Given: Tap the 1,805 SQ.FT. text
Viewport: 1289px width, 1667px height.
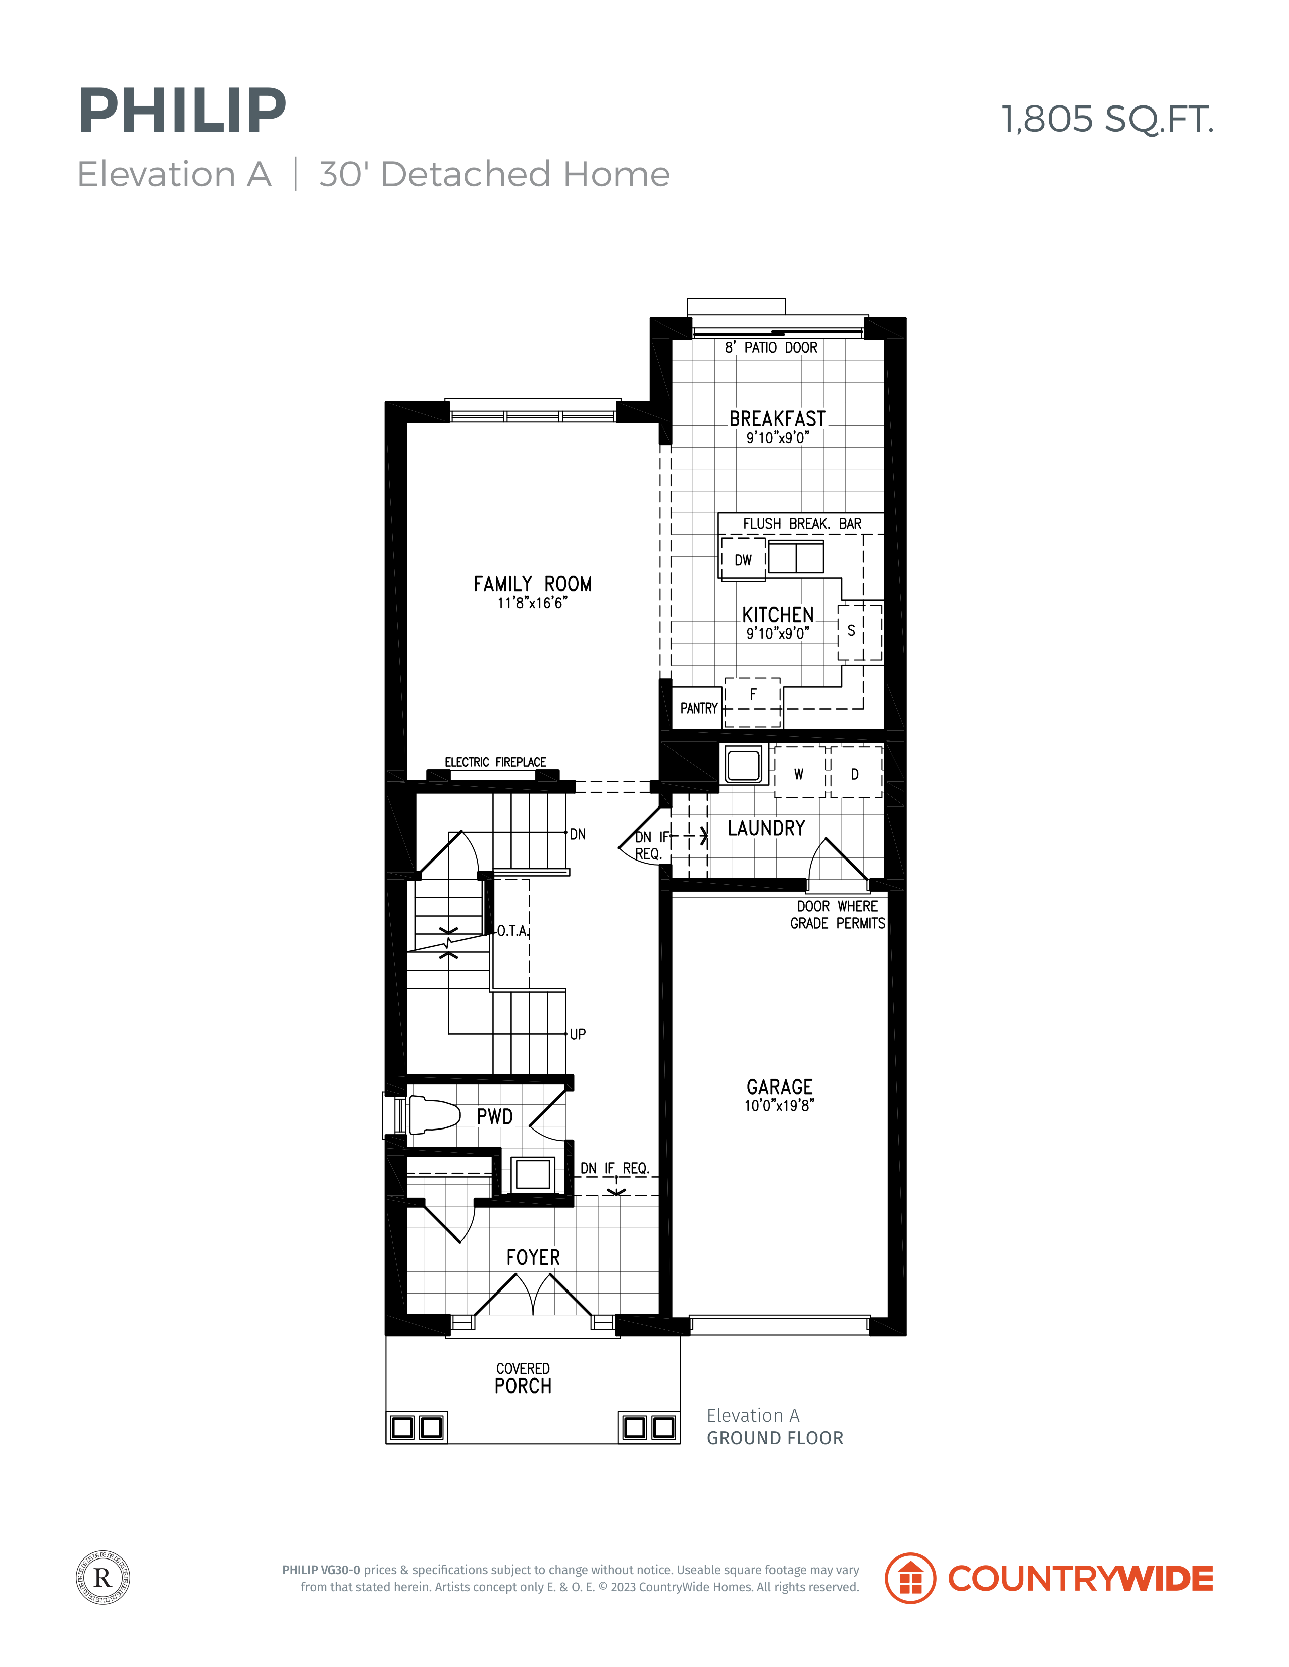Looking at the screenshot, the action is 1107,119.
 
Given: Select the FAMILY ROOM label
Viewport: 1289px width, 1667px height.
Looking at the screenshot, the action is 532,584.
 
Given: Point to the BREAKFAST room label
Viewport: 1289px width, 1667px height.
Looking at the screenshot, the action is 778,419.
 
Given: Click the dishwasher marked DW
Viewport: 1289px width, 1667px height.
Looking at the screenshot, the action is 743,560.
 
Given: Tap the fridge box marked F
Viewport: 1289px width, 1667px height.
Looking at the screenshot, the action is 753,702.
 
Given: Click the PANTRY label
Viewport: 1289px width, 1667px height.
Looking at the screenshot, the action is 699,708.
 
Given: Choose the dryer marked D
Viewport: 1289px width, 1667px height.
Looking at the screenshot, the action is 856,773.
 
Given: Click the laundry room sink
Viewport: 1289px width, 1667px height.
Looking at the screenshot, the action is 743,764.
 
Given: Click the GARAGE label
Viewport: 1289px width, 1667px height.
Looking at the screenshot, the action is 780,1087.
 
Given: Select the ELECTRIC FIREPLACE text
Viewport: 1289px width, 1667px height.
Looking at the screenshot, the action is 496,762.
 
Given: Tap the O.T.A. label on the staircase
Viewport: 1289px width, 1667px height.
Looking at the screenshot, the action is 512,931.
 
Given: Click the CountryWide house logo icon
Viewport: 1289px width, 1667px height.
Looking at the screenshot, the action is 910,1578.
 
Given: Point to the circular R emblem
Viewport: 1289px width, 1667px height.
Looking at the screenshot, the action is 103,1577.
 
